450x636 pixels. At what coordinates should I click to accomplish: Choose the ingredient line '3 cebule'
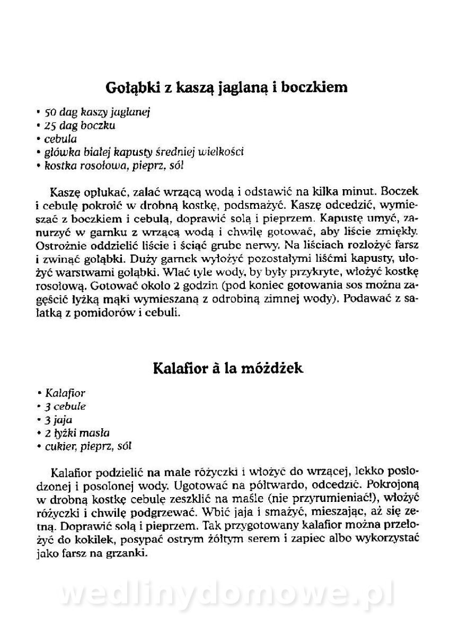coord(66,407)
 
